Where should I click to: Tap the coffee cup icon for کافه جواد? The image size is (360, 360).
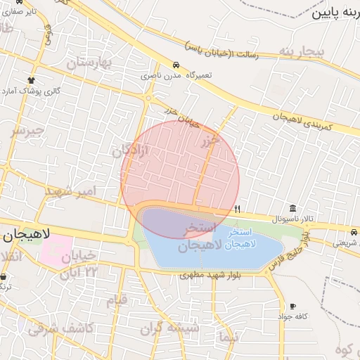292,307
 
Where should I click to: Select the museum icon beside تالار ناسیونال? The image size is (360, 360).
292,207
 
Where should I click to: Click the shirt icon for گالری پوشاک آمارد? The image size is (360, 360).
30,80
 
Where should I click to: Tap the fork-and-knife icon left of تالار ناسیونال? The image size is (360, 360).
238,209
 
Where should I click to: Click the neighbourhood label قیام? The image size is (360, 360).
117,301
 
